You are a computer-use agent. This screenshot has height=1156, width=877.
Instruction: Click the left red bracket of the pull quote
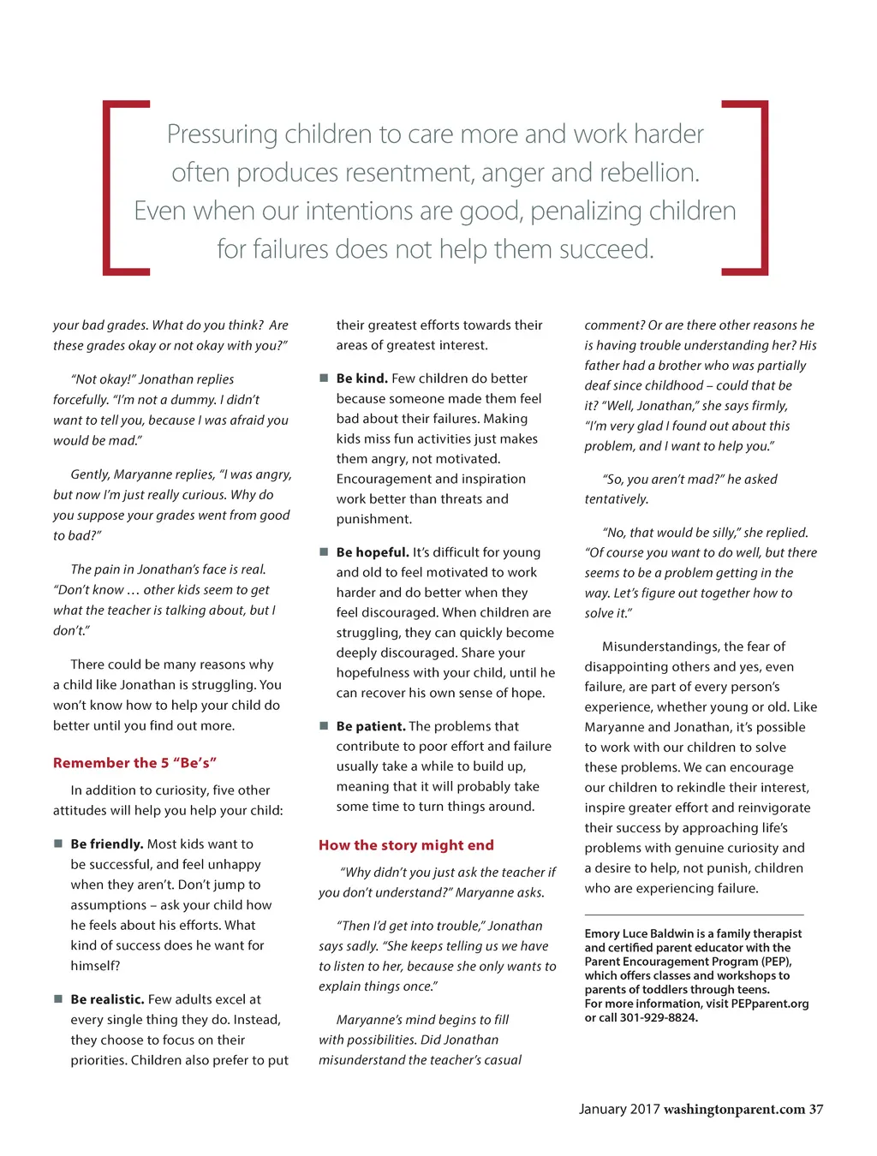pyautogui.click(x=107, y=188)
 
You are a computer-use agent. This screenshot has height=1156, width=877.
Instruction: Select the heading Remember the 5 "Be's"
pyautogui.click(x=134, y=763)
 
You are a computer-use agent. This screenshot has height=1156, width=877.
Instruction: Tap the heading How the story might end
pyautogui.click(x=406, y=845)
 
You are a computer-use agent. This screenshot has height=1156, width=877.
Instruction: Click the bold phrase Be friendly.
pyautogui.click(x=107, y=844)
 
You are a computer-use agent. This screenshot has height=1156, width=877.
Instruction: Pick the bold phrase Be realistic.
pyautogui.click(x=107, y=999)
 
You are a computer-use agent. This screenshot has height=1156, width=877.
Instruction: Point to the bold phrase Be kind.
pyautogui.click(x=361, y=378)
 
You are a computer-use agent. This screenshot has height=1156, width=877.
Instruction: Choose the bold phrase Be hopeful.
pyautogui.click(x=373, y=552)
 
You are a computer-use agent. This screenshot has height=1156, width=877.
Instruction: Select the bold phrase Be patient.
pyautogui.click(x=371, y=726)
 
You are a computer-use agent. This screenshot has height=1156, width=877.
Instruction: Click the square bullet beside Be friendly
pyautogui.click(x=58, y=843)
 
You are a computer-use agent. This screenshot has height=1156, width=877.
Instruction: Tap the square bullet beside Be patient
pyautogui.click(x=324, y=725)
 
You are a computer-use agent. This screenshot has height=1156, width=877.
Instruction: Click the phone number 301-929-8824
pyautogui.click(x=659, y=1018)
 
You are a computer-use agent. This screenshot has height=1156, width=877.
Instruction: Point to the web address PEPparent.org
pyautogui.click(x=770, y=1004)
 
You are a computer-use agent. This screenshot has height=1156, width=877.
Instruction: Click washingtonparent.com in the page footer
pyautogui.click(x=734, y=1110)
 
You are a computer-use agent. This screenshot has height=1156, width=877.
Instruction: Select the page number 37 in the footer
pyautogui.click(x=816, y=1110)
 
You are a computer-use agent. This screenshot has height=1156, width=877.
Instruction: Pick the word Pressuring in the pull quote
pyautogui.click(x=222, y=134)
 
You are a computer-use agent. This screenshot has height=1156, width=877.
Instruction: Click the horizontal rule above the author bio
pyautogui.click(x=694, y=915)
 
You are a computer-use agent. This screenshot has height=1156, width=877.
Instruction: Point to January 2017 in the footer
pyautogui.click(x=618, y=1110)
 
